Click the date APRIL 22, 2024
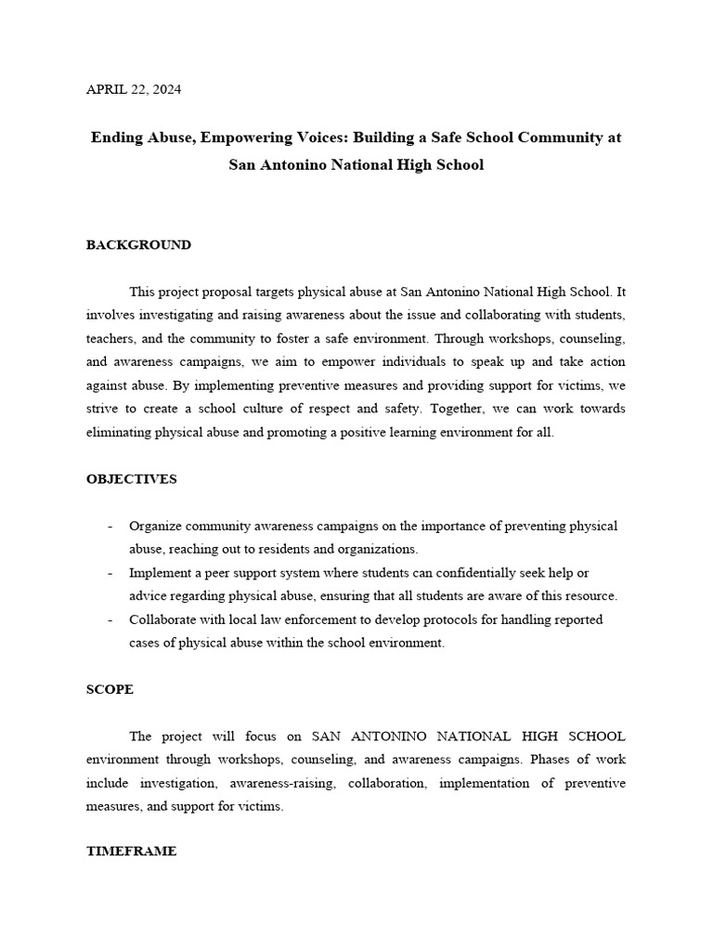(x=134, y=90)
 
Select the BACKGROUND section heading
(x=138, y=245)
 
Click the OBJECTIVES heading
(x=131, y=479)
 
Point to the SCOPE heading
(x=110, y=689)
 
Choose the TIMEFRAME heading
(x=131, y=851)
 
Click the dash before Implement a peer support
(x=110, y=573)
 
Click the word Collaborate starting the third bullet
(x=162, y=619)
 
